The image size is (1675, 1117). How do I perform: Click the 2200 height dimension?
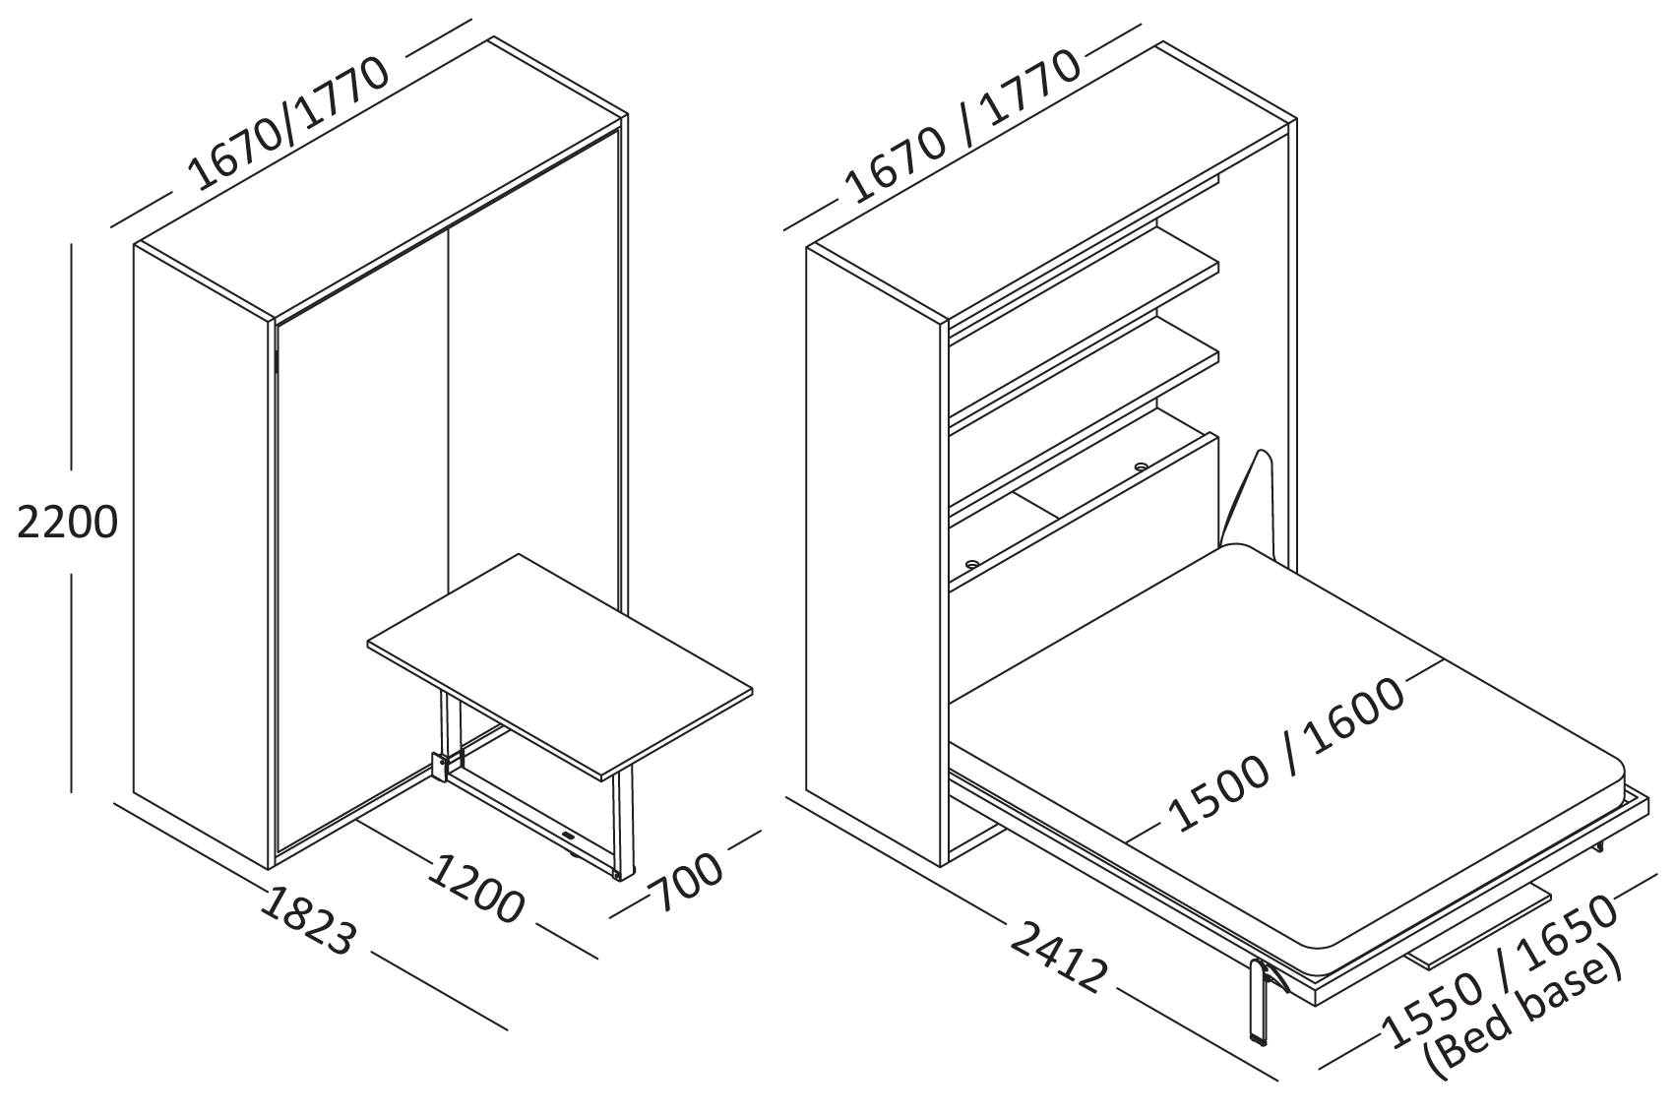pyautogui.click(x=67, y=524)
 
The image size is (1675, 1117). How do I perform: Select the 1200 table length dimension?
pyautogui.click(x=477, y=890)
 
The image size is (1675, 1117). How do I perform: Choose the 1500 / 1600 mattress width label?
pyautogui.click(x=1286, y=753)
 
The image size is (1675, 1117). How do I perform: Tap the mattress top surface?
pyautogui.click(x=1260, y=689)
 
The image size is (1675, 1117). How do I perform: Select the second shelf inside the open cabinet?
pyautogui.click(x=1083, y=379)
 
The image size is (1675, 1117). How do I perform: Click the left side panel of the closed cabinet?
pyautogui.click(x=202, y=551)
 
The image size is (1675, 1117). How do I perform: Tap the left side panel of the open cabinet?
pyautogui.click(x=874, y=551)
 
